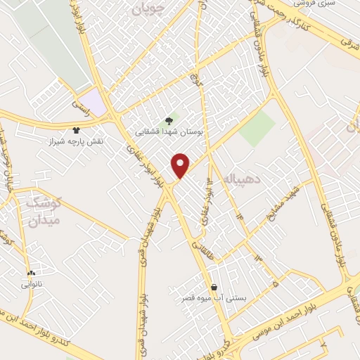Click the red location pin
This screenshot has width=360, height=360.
(181, 165)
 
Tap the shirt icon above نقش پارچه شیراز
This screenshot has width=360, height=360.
(77, 129)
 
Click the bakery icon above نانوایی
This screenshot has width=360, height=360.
(31, 273)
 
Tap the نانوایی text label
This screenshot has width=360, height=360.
(31, 285)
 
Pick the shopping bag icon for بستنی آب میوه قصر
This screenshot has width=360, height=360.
(214, 286)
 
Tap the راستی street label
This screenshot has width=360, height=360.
(78, 104)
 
